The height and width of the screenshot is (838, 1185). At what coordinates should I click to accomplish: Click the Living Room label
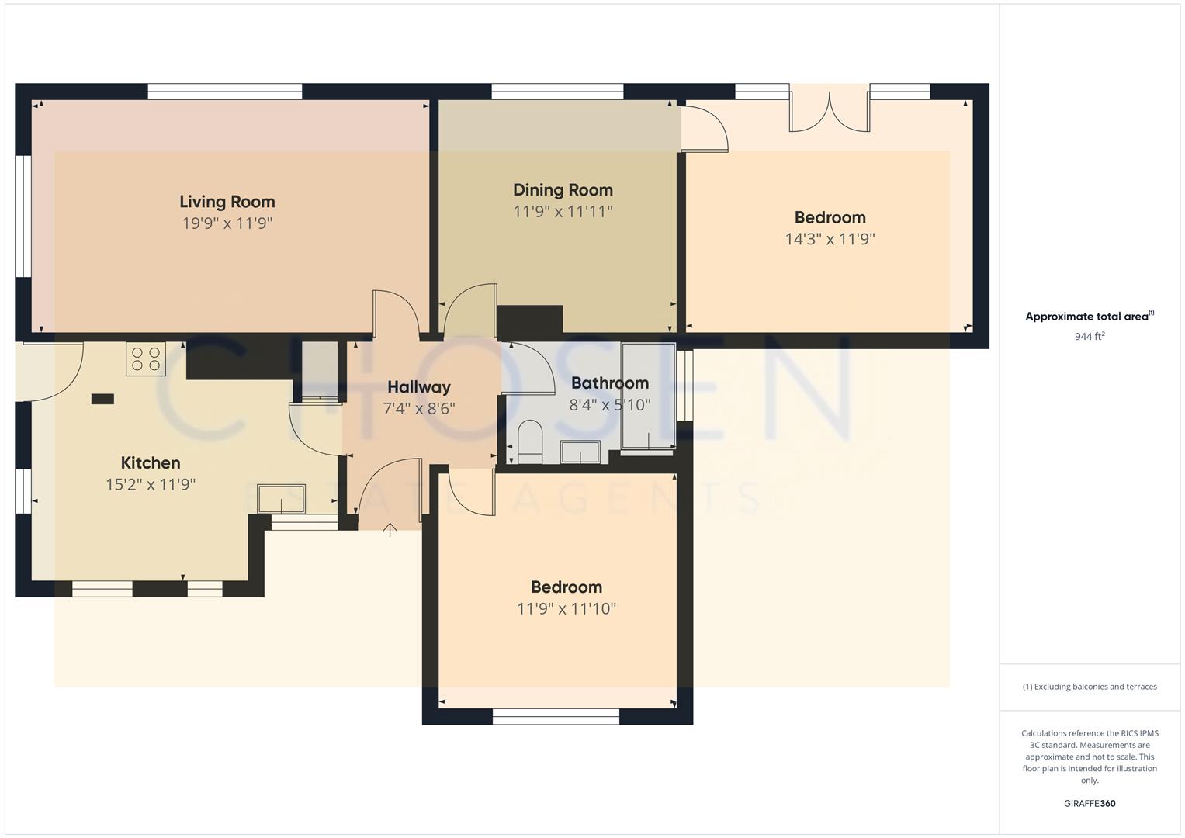227,202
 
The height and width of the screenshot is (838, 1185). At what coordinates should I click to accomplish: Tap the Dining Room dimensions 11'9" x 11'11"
563,211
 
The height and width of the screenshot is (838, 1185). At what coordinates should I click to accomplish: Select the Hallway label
418,387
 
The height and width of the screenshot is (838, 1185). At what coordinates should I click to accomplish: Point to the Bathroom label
609,383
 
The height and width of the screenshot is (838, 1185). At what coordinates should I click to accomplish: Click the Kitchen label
151,463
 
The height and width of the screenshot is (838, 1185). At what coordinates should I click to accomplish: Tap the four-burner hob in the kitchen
146,359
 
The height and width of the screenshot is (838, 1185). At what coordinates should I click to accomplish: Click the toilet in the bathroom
530,438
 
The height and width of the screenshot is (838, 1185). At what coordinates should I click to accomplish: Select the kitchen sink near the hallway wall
282,499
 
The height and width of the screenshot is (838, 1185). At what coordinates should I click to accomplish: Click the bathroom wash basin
580,452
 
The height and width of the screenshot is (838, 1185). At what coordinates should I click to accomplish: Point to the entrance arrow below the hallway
390,530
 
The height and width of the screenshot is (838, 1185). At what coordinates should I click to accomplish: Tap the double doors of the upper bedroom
830,112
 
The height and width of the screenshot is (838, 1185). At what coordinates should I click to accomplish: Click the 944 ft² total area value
1089,337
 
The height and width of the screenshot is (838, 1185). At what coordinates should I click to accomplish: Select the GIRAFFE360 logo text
1089,803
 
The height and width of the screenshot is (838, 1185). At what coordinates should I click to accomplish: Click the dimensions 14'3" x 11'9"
830,239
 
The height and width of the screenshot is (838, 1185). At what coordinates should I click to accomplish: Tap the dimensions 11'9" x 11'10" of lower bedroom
567,609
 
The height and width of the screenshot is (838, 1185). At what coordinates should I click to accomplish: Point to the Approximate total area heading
1089,317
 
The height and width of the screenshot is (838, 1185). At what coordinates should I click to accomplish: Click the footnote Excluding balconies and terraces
1089,687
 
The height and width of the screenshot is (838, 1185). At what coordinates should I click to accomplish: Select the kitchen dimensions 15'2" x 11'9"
151,485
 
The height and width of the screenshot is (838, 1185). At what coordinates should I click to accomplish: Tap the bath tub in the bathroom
648,396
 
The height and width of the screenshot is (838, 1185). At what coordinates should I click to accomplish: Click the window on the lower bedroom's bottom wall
556,717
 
